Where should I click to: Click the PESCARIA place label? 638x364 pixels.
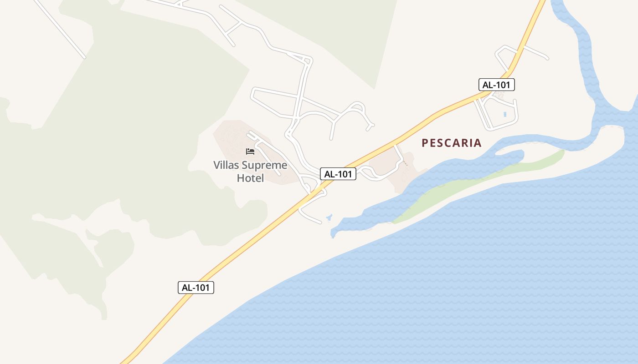pos(451,143)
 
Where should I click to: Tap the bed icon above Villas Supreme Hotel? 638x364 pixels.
pos(250,152)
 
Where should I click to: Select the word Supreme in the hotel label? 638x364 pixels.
pos(265,165)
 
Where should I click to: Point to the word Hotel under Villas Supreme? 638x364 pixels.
pos(250,178)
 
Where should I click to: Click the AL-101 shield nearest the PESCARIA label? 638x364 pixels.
pos(496,85)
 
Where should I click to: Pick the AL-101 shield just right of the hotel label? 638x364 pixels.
pos(338,174)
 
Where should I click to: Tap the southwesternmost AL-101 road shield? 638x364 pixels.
pos(196,288)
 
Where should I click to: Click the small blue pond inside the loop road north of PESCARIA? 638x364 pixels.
pos(505,114)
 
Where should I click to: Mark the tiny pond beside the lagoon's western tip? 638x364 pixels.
pos(329,217)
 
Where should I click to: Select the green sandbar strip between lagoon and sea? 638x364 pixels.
pos(478,182)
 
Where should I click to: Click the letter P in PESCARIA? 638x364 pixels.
pos(425,143)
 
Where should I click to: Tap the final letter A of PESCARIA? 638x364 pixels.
pos(478,143)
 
